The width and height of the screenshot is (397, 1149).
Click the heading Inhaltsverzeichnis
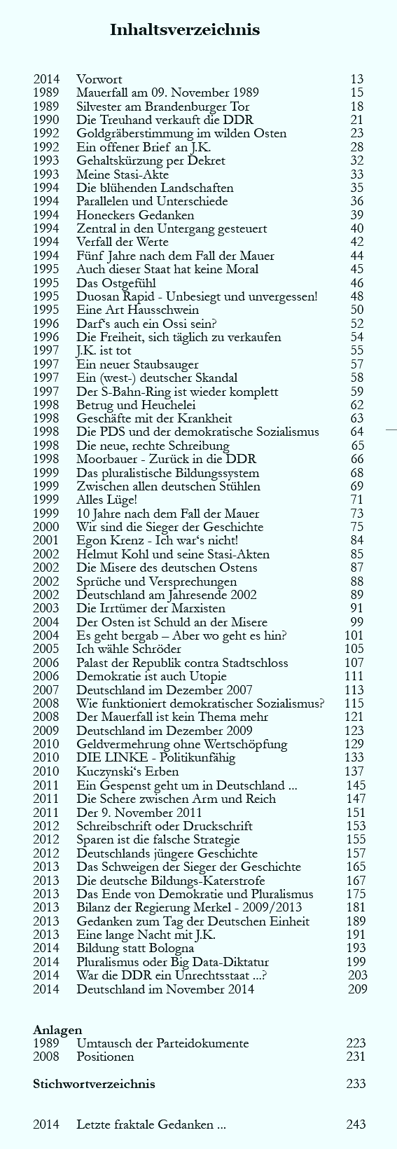185,29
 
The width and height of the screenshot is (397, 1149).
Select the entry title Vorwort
99,79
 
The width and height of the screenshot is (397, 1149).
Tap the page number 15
357,92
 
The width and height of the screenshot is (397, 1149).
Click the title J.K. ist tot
104,350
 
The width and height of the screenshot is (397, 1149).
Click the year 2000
46,527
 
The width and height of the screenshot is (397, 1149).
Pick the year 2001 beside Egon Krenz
46,540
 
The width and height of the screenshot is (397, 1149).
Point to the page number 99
357,622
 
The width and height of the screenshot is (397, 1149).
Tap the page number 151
356,813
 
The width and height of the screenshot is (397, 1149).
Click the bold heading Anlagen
57,1030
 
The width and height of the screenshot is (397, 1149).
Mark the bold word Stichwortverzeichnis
94,1084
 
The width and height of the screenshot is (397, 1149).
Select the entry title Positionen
105,1057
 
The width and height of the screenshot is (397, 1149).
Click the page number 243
356,1125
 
